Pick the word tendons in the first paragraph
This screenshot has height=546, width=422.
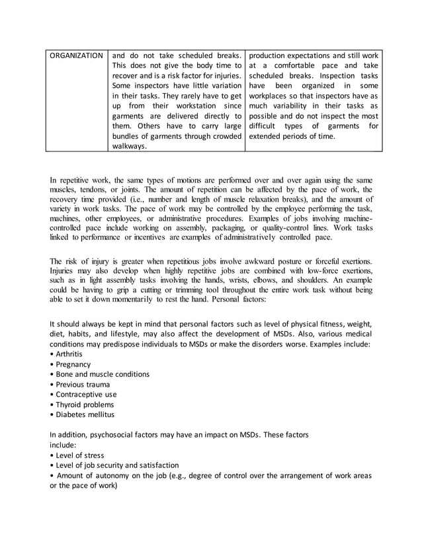tap(96, 190)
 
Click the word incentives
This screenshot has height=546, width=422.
tap(171, 237)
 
